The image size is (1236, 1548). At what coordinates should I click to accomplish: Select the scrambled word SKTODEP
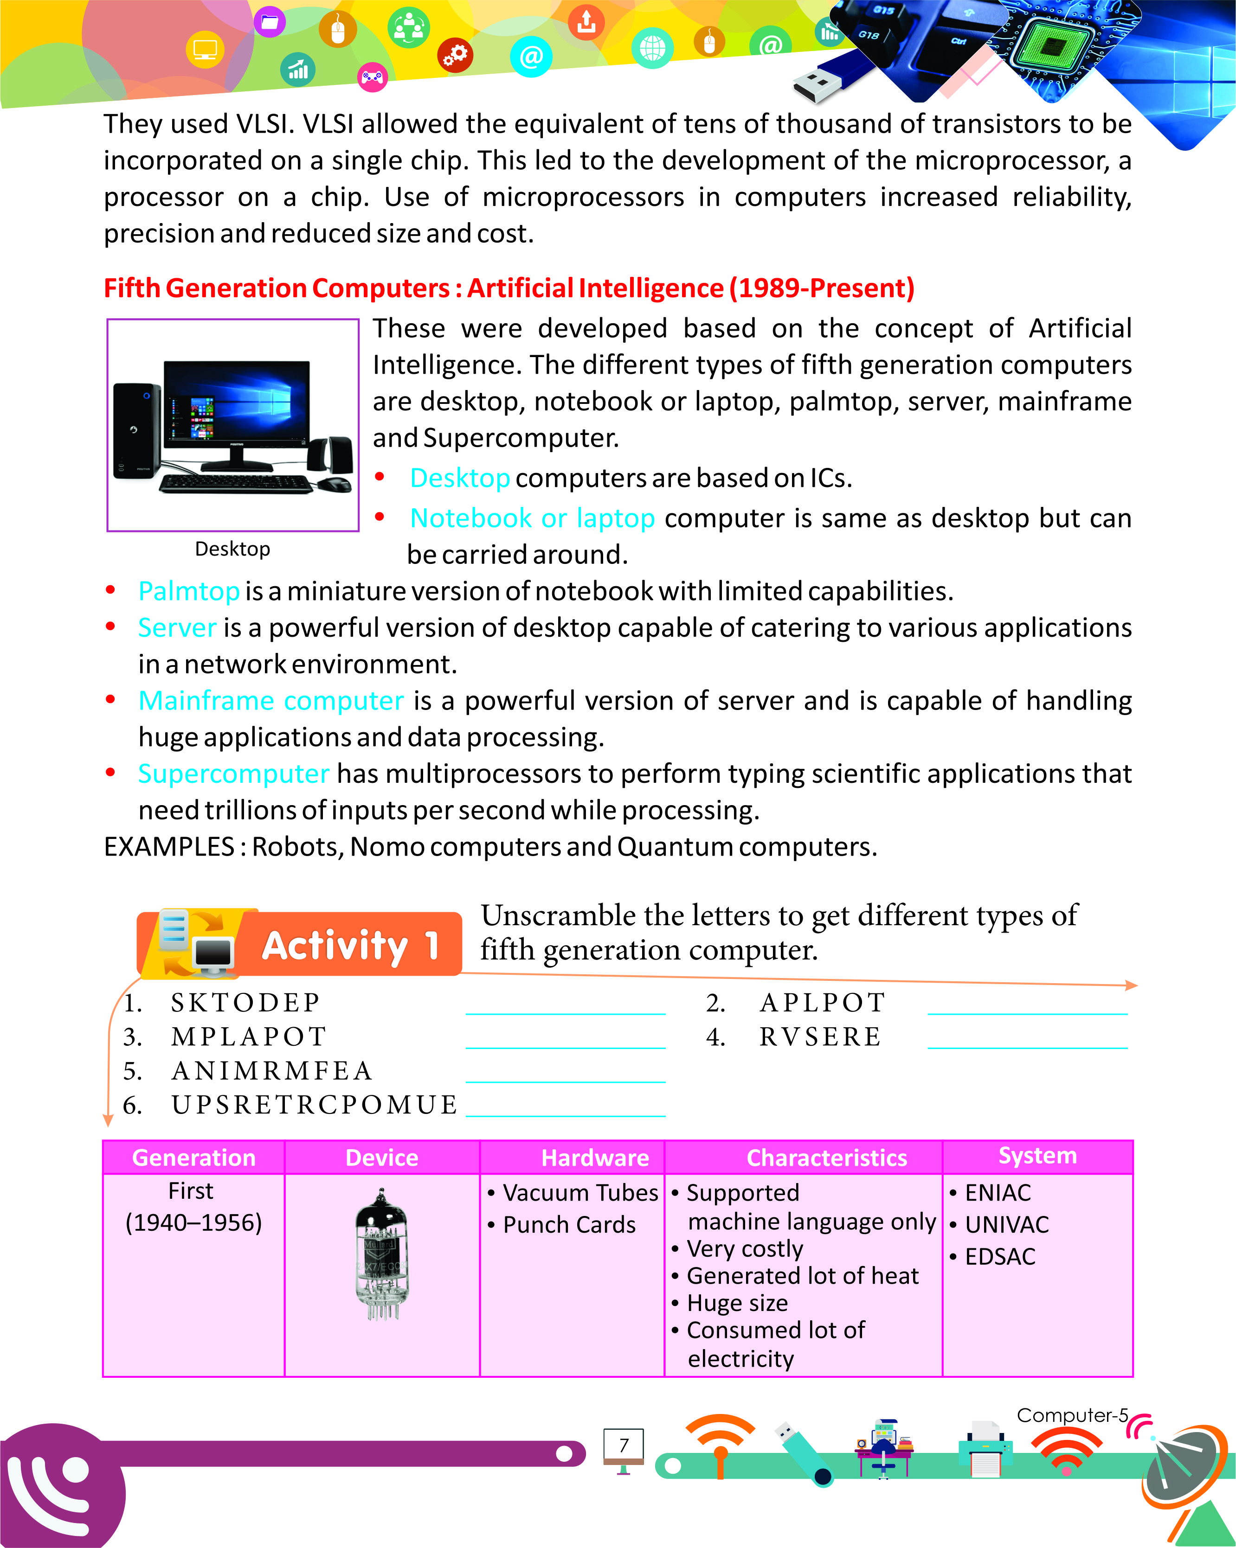[245, 1002]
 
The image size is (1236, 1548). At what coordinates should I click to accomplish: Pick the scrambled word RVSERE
[820, 1037]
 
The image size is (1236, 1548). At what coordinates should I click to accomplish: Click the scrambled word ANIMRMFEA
[271, 1070]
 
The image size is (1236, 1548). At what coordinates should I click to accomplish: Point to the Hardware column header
[595, 1158]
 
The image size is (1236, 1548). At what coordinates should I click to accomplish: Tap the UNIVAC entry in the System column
[1006, 1224]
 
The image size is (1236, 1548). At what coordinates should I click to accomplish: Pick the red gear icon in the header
[455, 55]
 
